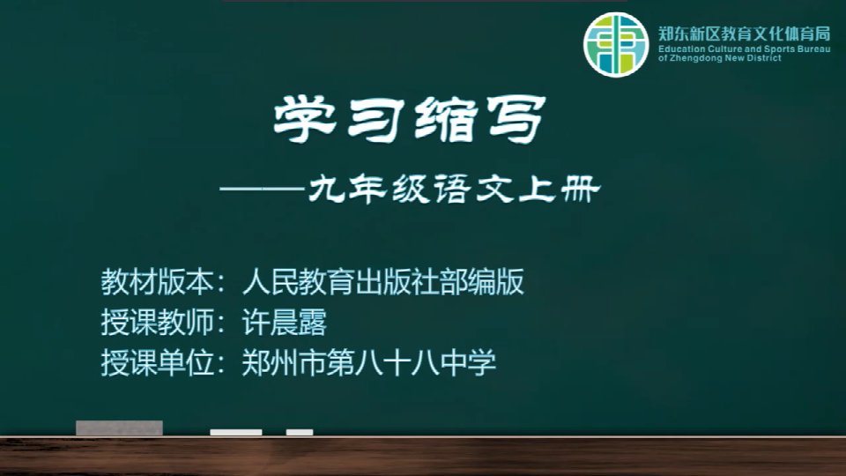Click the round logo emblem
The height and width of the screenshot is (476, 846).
pyautogui.click(x=616, y=44)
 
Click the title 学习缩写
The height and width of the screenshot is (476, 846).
pyautogui.click(x=410, y=119)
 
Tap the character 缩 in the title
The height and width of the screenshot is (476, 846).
pyautogui.click(x=446, y=120)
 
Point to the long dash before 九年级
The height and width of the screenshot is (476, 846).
pyautogui.click(x=263, y=190)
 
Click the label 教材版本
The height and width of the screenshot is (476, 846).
pyautogui.click(x=157, y=282)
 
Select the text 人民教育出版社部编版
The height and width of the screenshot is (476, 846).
pyautogui.click(x=383, y=282)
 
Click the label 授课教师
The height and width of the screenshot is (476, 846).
pyautogui.click(x=157, y=323)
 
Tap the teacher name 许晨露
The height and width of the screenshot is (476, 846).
pyautogui.click(x=285, y=323)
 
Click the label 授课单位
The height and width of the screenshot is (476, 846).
pyautogui.click(x=157, y=362)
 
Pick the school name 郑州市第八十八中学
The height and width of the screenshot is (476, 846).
pyautogui.click(x=369, y=362)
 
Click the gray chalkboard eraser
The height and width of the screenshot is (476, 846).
pyautogui.click(x=119, y=428)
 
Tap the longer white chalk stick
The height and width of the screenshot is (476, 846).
pyautogui.click(x=236, y=432)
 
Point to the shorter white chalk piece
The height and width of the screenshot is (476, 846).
pyautogui.click(x=300, y=432)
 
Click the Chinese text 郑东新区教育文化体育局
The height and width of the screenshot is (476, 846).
pyautogui.click(x=744, y=34)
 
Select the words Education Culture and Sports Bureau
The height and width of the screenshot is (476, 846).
pyautogui.click(x=744, y=49)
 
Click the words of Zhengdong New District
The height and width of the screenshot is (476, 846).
pyautogui.click(x=720, y=58)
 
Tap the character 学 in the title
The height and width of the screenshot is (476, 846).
pyautogui.click(x=305, y=119)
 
